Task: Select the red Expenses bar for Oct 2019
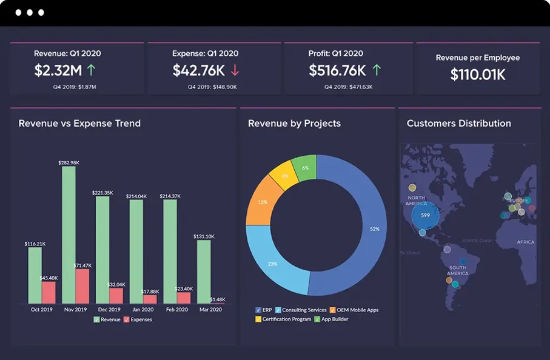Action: click(49, 292)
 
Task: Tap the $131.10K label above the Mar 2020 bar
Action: click(203, 236)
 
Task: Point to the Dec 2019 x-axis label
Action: click(110, 309)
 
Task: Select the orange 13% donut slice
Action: click(262, 202)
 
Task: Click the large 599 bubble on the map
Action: click(425, 215)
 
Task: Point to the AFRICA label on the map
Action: click(525, 242)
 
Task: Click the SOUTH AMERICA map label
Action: click(457, 270)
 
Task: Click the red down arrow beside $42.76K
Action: click(235, 70)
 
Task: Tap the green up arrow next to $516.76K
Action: click(376, 70)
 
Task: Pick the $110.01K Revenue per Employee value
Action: click(478, 75)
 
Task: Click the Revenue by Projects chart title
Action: click(294, 124)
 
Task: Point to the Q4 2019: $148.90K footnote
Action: click(212, 87)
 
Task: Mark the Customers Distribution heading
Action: click(458, 124)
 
